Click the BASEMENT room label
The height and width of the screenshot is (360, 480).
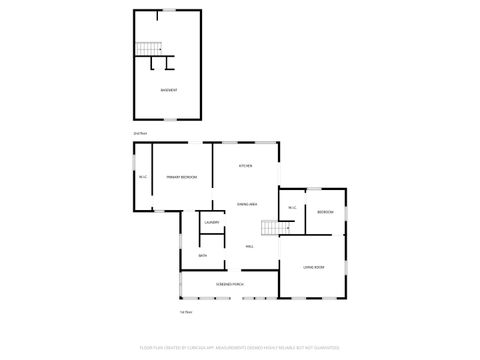coord(169,90)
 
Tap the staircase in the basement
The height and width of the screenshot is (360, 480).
coord(148,48)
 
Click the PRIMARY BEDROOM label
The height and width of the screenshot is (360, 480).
coord(181,177)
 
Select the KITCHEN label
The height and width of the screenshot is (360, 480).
coord(244,165)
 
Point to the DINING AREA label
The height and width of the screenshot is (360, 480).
coord(247,204)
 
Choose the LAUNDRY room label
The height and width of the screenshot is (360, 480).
coord(211,222)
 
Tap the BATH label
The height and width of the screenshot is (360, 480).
coord(202,256)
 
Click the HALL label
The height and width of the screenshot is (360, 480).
coord(249,246)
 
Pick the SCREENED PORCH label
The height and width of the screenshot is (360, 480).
coord(230,285)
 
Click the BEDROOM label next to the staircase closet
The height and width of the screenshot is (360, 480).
coord(325,212)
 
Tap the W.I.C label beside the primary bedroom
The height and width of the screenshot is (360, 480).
coord(143,177)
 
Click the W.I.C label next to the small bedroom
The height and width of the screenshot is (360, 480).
coord(291,208)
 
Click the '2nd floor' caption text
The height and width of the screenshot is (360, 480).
coord(139,132)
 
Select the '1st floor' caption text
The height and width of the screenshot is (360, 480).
coord(185,311)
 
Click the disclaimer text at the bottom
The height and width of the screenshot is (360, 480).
coord(240,349)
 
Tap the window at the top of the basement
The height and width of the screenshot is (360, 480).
coord(168,11)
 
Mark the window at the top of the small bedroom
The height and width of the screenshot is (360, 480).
coord(312,188)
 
